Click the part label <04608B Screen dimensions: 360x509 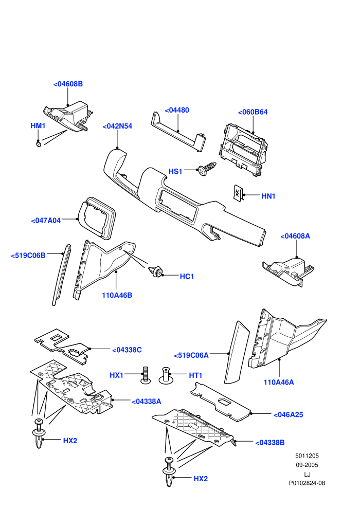68,84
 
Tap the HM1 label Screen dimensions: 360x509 38,125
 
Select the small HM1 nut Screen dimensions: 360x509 38,143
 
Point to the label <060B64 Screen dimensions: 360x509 253,112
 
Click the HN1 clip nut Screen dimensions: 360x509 238,193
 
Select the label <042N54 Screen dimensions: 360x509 117,126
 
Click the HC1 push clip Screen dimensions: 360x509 156,271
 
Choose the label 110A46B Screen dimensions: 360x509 117,296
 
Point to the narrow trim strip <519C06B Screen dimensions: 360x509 61,275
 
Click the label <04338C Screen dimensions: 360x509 127,350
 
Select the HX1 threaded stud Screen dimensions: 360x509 146,375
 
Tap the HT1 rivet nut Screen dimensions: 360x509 166,376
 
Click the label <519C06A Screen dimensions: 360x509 191,356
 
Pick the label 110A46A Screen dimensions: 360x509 279,383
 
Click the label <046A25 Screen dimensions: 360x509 289,415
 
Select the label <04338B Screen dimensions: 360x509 270,443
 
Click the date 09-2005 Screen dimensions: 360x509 307,465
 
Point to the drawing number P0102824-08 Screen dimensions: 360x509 307,483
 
